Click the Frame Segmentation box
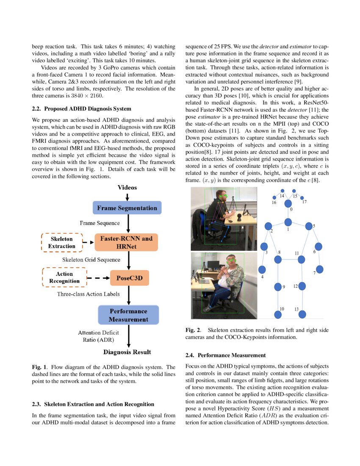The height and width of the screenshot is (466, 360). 127,208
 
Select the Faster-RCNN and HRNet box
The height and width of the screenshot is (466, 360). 126,242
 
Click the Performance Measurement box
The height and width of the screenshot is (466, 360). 128,315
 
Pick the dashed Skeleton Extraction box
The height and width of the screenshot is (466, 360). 62,243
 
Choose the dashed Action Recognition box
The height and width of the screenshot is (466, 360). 64,277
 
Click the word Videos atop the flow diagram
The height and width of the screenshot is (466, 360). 127,187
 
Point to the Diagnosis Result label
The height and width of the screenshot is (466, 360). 127,352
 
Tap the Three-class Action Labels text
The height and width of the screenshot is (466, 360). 88,294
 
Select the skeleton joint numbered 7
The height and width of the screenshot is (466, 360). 320,269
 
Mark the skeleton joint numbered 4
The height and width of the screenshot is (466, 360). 262,269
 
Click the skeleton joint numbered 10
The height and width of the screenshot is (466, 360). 278,314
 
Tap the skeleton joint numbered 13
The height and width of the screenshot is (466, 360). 302,314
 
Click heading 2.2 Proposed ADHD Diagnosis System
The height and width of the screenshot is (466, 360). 81,109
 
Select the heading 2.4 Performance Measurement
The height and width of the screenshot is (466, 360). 226,355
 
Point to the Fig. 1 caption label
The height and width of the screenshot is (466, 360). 40,367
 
